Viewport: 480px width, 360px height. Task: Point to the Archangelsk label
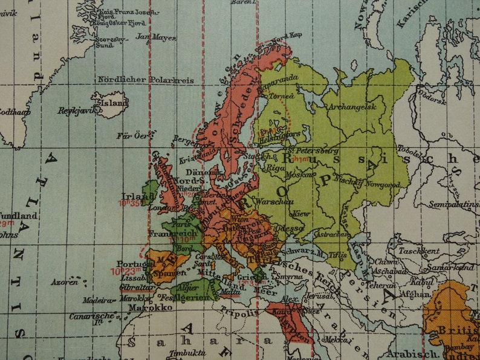(x=351, y=107)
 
